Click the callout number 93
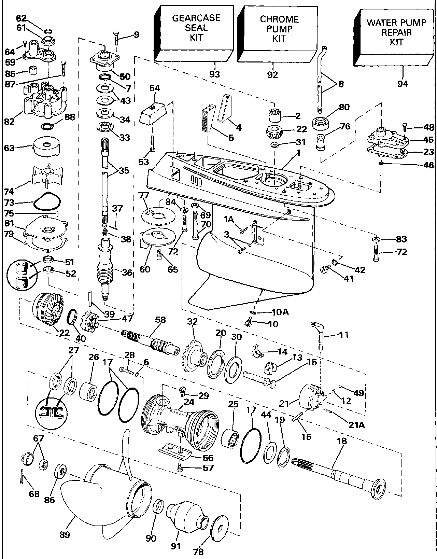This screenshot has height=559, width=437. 215,74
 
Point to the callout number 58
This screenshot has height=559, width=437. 160,320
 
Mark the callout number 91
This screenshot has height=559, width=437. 176,546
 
